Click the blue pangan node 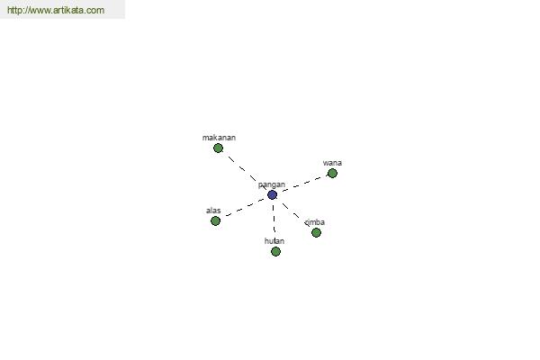pos(272,194)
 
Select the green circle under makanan pos(218,148)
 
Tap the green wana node pos(332,174)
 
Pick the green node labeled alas pos(215,220)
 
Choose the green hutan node pos(275,251)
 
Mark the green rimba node pos(316,232)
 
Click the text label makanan pos(219,138)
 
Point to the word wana pos(332,163)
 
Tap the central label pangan pos(272,185)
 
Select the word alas pos(213,211)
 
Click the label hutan pos(274,241)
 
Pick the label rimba pos(315,222)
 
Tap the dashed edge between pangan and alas pos(244,208)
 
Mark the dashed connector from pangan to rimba pos(294,213)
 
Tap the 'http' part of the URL pos(13,10)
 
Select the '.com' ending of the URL pos(94,10)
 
